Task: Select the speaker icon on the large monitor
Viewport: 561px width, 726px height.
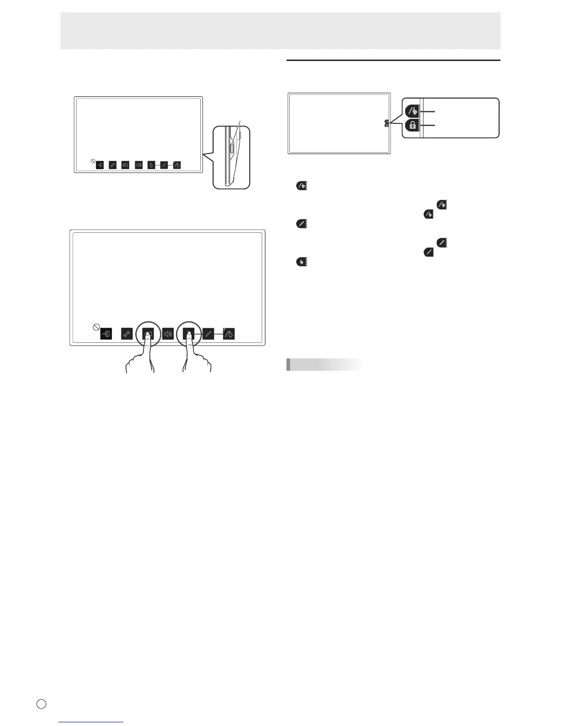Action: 168,334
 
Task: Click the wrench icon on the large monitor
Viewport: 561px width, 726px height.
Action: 127,334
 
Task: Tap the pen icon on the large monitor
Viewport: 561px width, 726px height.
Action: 209,334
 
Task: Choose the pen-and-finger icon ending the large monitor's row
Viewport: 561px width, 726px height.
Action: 229,334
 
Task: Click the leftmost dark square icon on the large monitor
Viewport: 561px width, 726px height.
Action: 106,334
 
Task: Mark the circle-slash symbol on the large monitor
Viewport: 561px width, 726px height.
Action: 96,327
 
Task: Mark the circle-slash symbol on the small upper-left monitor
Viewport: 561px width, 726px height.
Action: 93,161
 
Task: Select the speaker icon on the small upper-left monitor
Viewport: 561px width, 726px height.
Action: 139,165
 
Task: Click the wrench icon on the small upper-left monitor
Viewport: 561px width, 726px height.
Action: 113,165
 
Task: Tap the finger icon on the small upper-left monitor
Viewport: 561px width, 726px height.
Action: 151,165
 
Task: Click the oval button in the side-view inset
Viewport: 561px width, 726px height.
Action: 232,148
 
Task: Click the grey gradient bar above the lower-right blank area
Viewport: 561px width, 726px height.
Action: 324,364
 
